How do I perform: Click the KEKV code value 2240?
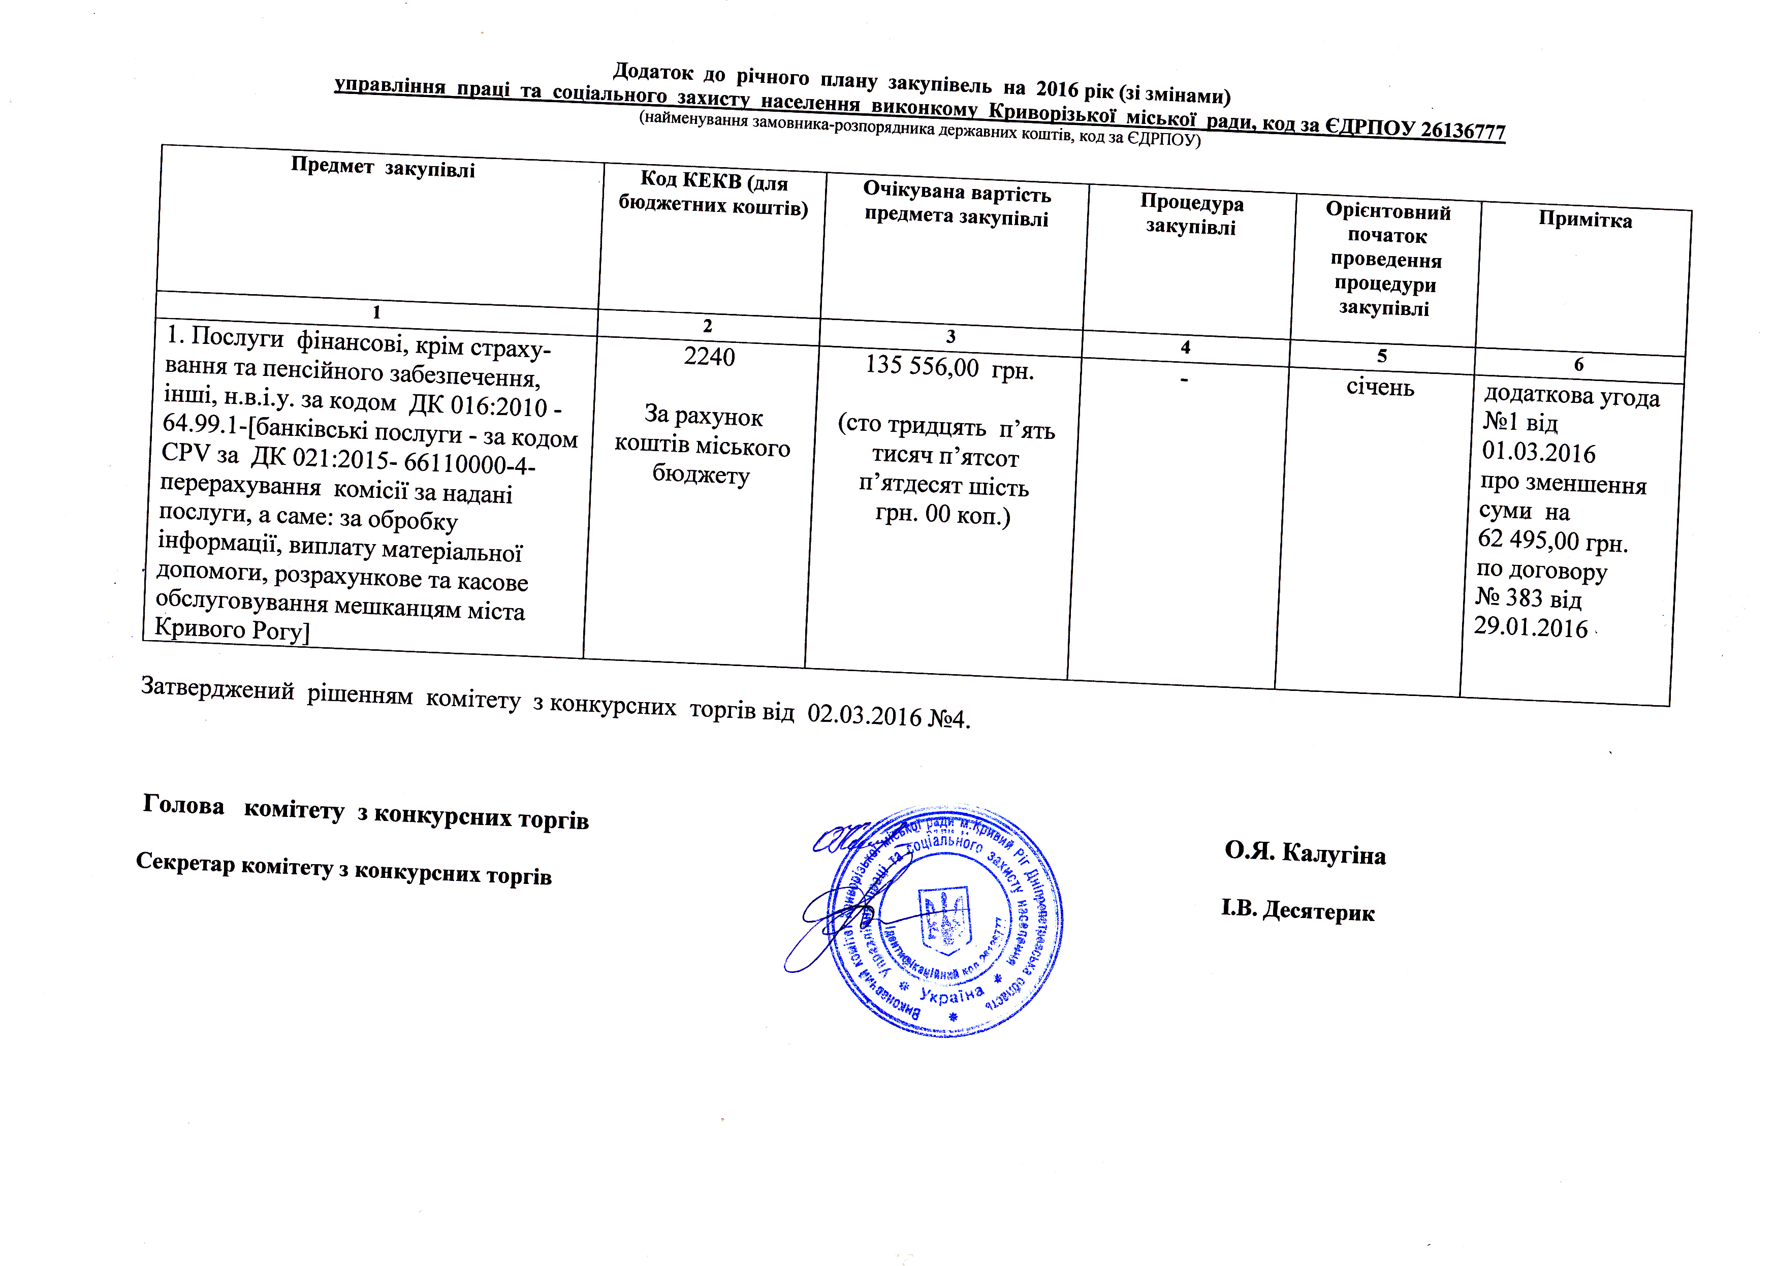(x=710, y=357)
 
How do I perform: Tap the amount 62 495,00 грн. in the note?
(x=1552, y=541)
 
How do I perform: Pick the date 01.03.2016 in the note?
(x=1538, y=453)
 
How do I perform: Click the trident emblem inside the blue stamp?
(x=946, y=920)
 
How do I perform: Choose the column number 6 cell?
(x=1578, y=364)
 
